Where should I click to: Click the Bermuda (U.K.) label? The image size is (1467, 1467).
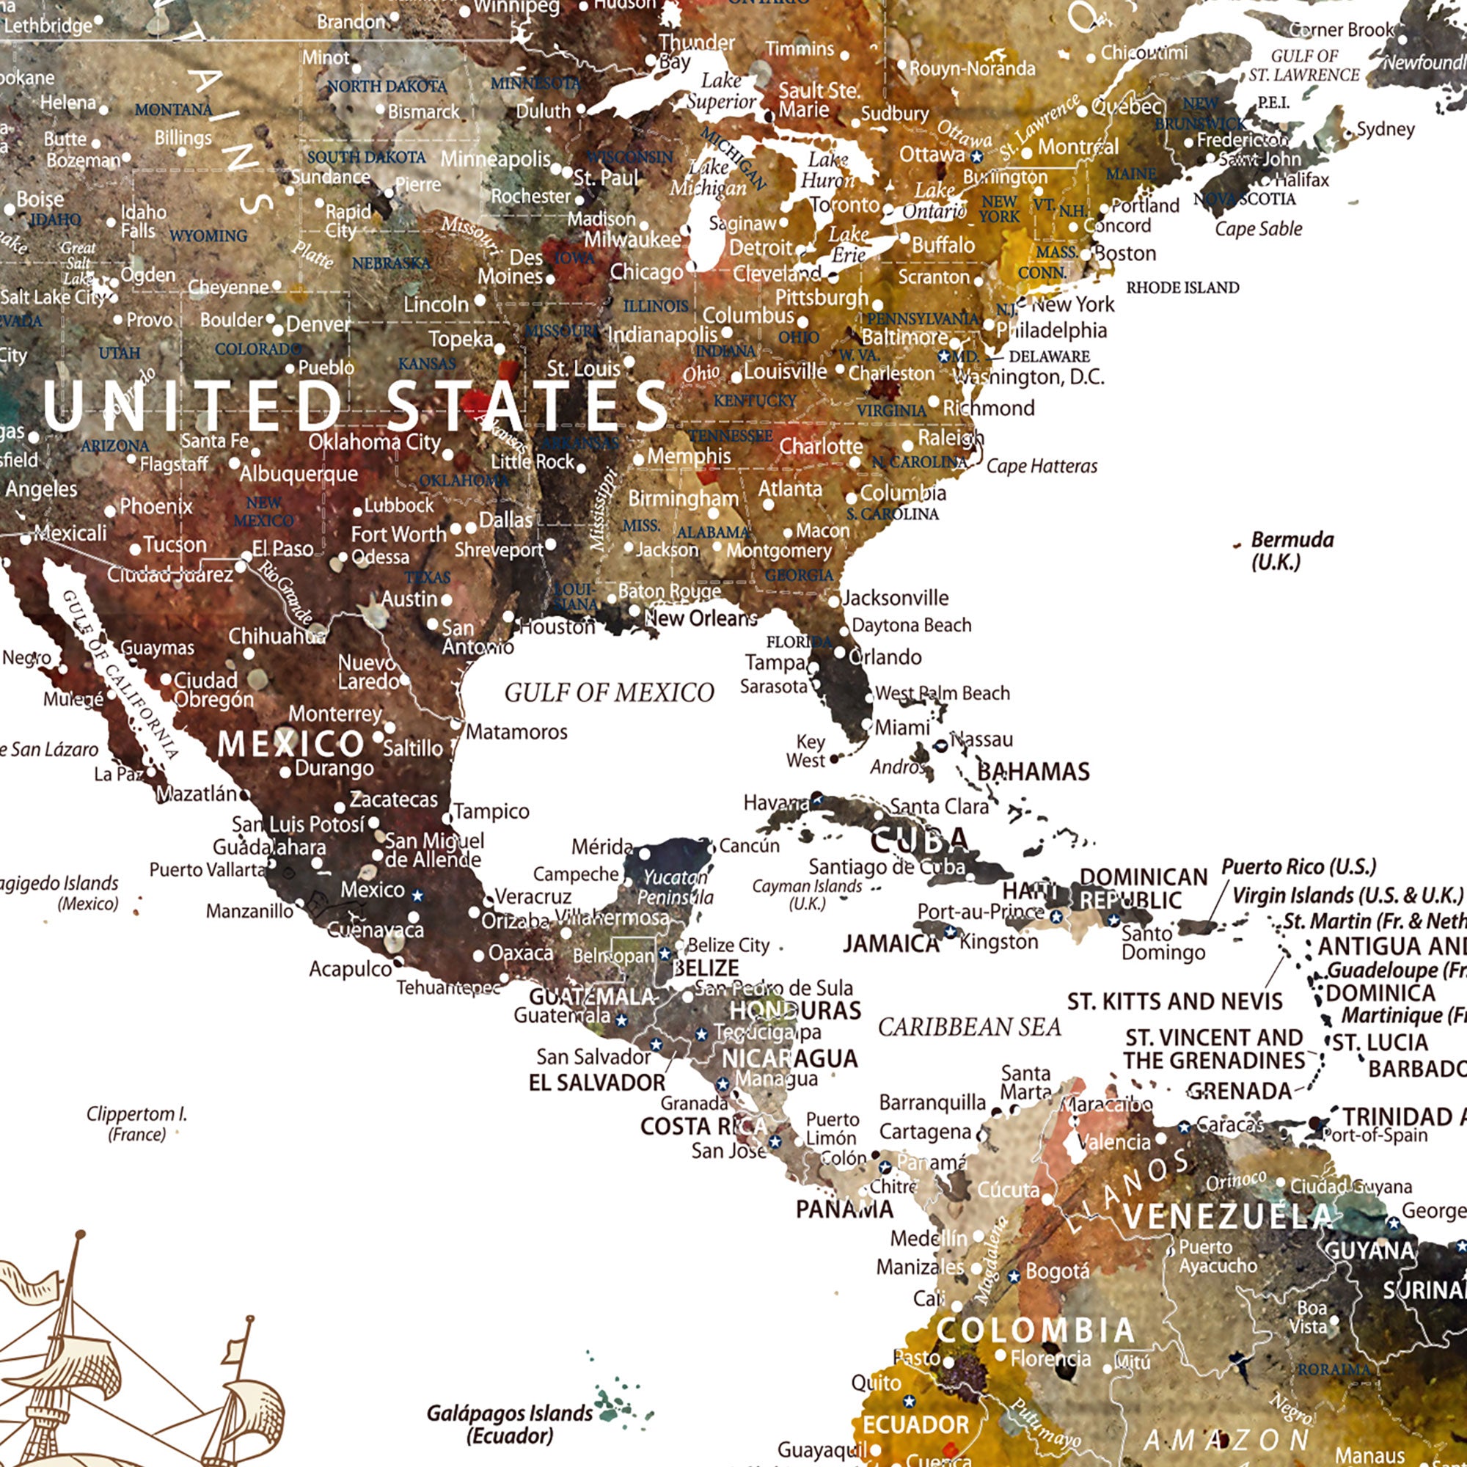pos(1292,551)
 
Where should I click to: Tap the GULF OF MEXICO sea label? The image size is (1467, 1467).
pos(609,692)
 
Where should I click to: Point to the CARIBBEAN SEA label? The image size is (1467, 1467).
pos(969,1028)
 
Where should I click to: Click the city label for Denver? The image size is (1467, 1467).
pos(318,324)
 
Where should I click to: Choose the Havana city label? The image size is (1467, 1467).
pos(775,802)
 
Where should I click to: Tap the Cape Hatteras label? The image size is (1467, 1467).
pos(1041,467)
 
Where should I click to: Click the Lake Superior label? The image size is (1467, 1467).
pos(720,91)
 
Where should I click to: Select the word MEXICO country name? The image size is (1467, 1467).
pos(290,744)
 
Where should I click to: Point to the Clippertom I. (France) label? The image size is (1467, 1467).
pos(136,1124)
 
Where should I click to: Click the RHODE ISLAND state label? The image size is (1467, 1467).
pos(1182,288)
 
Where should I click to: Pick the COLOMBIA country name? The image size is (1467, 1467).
pos(1035,1331)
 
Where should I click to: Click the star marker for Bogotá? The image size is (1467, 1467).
pos(1013,1276)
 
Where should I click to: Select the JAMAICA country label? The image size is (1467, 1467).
pos(890,944)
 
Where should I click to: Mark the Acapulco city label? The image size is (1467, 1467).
pos(349,969)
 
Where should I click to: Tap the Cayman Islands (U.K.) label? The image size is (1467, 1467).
pos(807,894)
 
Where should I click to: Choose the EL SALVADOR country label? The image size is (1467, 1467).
pos(596,1083)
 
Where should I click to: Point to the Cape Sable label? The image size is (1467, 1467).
pos(1258,229)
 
